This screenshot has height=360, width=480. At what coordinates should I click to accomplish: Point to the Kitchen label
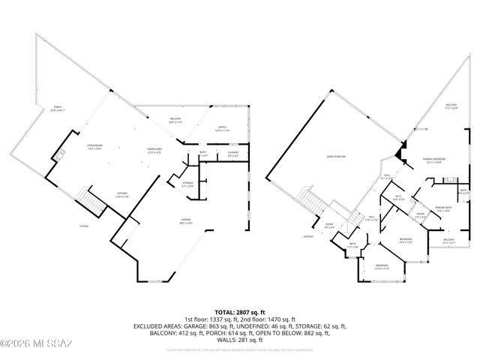tap(121, 195)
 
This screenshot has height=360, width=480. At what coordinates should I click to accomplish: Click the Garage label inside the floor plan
tap(184, 221)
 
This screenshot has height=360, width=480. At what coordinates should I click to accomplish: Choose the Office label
tap(222, 130)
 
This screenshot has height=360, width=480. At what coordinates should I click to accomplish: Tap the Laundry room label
tap(232, 154)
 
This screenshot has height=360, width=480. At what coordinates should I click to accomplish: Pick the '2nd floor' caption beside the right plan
tap(307, 235)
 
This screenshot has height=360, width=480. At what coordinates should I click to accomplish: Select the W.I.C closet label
tap(398, 198)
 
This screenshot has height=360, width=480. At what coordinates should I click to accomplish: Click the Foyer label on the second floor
tap(328, 224)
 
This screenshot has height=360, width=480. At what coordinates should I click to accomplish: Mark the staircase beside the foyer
tap(308, 199)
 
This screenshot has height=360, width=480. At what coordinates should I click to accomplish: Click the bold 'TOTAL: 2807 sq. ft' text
tap(239, 311)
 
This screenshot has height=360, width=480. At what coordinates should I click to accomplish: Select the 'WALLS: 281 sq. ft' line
tap(239, 339)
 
